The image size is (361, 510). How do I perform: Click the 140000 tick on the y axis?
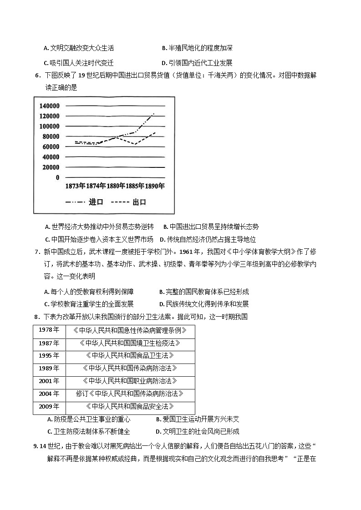click(49, 106)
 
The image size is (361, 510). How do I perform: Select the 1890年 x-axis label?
click(155, 186)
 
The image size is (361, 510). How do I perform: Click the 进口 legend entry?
click(96, 202)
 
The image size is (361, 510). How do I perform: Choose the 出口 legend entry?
click(139, 202)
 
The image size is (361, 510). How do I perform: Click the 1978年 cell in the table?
click(49, 330)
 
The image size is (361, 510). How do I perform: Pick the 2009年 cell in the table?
click(49, 406)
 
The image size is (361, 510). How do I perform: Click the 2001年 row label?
click(49, 381)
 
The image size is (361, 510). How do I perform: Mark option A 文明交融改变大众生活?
click(79, 48)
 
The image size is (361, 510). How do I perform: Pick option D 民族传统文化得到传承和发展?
click(204, 304)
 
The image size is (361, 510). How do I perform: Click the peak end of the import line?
click(154, 113)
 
